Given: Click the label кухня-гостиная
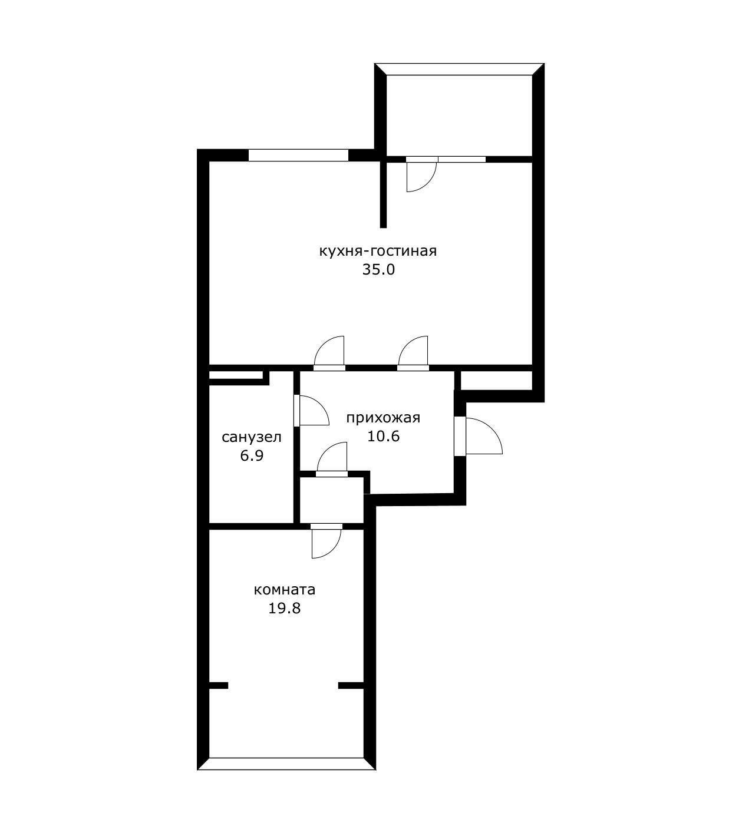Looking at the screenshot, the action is [x=378, y=252].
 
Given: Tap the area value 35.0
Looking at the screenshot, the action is [x=378, y=270].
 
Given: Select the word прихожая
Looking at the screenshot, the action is [x=383, y=418].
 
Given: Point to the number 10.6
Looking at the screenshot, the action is [x=384, y=437].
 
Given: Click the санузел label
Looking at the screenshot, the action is [x=252, y=437].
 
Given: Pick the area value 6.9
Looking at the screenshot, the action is [x=252, y=455].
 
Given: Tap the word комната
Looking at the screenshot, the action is [x=285, y=590].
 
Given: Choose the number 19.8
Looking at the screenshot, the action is [x=284, y=609].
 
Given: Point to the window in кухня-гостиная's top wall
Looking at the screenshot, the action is [x=298, y=156].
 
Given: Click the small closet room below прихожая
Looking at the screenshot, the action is [x=331, y=500].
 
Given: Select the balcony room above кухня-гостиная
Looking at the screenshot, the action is [x=459, y=115].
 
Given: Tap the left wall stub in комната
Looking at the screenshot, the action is [x=218, y=685].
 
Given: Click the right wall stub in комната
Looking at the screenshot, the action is [x=351, y=685].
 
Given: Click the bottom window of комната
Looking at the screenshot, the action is [x=286, y=764].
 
